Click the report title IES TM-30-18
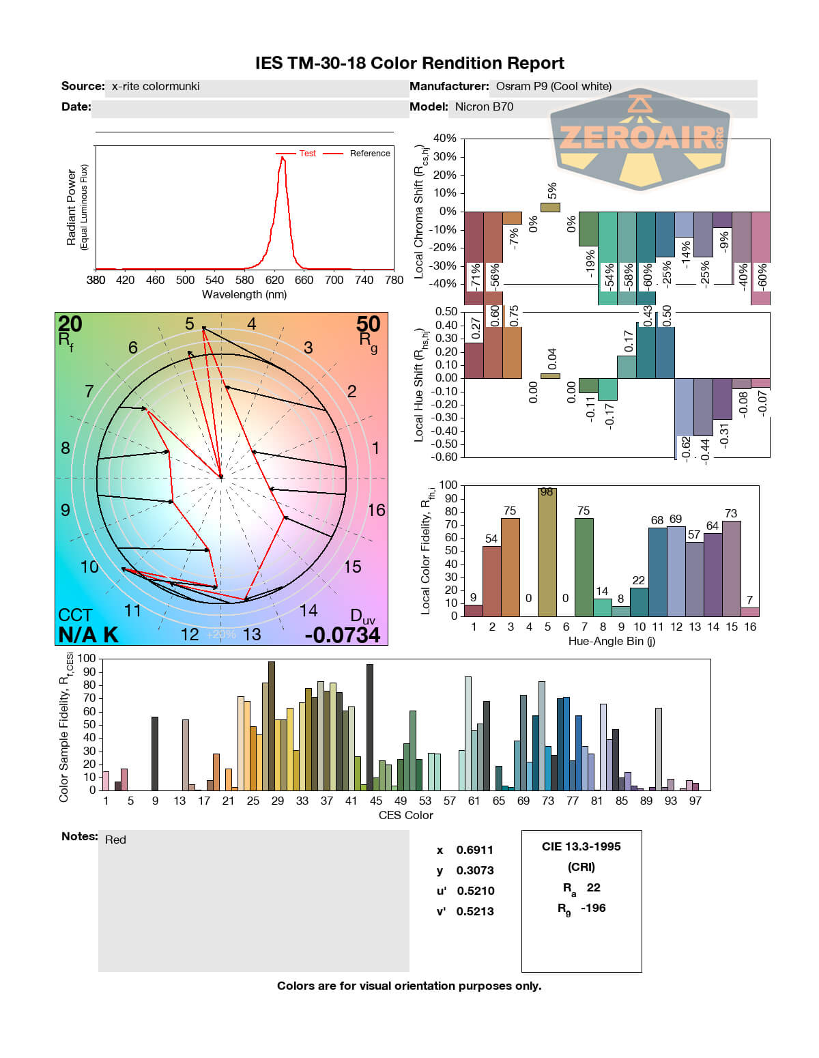click(409, 63)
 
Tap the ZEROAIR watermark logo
click(640, 139)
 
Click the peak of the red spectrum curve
click(282, 158)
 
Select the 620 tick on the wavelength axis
click(274, 280)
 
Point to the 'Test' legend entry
click(307, 154)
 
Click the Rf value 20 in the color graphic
click(70, 324)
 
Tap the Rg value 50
click(368, 324)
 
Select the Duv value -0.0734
click(342, 635)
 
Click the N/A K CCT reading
click(88, 635)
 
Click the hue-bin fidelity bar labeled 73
click(731, 568)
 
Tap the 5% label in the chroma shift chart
click(551, 190)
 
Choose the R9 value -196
click(593, 908)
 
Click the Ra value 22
click(593, 887)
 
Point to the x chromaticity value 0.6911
click(474, 850)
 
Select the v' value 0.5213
click(475, 911)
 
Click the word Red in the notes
click(115, 840)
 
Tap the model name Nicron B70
click(484, 106)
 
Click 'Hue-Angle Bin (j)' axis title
click(612, 641)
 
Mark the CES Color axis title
click(405, 815)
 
